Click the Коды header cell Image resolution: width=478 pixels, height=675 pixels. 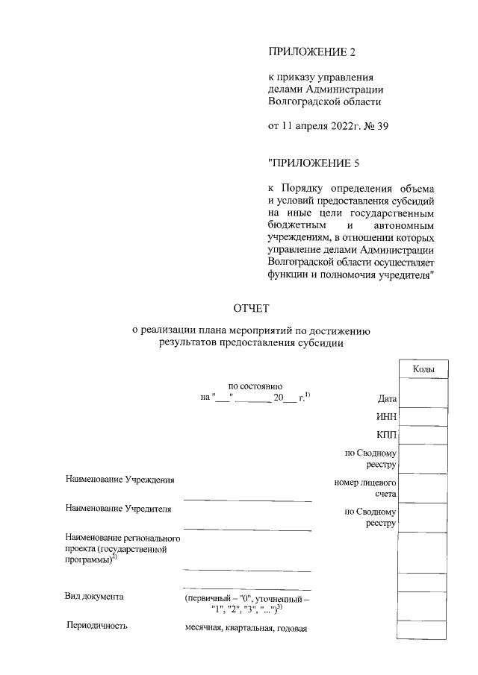(x=423, y=369)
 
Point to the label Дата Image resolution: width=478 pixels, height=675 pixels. (x=387, y=399)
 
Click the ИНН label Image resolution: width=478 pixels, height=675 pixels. (x=386, y=417)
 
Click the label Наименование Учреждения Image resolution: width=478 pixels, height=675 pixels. (x=119, y=480)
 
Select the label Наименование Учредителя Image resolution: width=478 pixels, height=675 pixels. (x=118, y=509)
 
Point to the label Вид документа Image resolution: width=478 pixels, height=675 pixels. (x=94, y=597)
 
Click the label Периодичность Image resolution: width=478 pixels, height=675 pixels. (x=97, y=627)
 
